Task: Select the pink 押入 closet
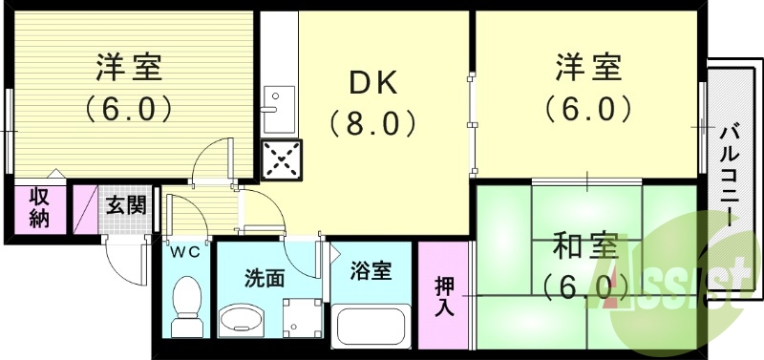(445, 295)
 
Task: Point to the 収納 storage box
(39, 208)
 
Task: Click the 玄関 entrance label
(124, 204)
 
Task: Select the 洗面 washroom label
(265, 278)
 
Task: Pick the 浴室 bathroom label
(371, 271)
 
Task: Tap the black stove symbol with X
(282, 159)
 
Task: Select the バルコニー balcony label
(730, 172)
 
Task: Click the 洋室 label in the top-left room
(129, 68)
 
